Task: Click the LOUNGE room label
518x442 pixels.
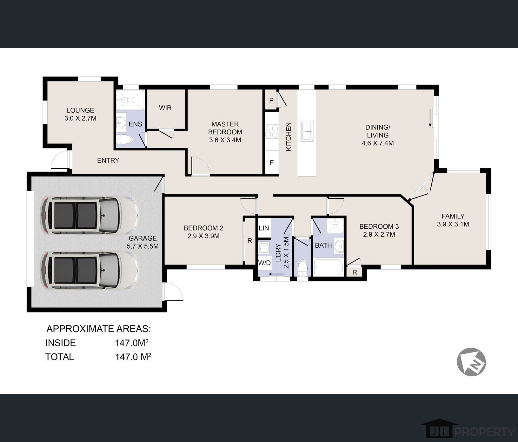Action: click(80, 110)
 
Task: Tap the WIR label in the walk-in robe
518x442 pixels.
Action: click(165, 108)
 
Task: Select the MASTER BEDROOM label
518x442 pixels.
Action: click(225, 128)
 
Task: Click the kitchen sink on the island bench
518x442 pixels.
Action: click(307, 131)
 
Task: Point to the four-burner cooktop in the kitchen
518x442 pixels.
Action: click(272, 132)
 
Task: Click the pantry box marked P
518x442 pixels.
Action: click(271, 100)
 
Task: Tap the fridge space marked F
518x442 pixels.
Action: click(272, 163)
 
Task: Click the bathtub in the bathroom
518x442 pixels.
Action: click(328, 267)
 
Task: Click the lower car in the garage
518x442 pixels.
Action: click(90, 270)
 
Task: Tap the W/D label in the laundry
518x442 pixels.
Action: click(264, 263)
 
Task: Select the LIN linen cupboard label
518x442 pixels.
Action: click(264, 228)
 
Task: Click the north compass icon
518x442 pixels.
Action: click(471, 362)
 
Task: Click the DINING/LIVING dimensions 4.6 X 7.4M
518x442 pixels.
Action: click(378, 143)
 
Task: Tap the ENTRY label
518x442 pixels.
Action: click(108, 160)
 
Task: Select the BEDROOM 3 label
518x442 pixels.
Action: click(379, 226)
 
